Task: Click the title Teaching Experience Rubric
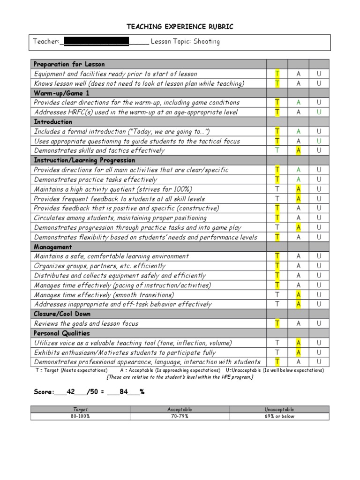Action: [180, 27]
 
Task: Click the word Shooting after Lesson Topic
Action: [207, 41]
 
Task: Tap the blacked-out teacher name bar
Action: [96, 42]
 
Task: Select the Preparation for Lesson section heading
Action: [69, 64]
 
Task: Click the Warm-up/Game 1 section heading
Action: [61, 93]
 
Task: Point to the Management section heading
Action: [53, 247]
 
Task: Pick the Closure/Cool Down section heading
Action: [62, 314]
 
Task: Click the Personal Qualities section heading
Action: [62, 333]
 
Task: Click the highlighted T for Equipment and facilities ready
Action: [277, 74]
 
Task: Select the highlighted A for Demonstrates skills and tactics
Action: [298, 150]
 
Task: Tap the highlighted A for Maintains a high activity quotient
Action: [298, 189]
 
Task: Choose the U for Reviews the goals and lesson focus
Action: [319, 323]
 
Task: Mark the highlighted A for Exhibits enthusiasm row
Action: [298, 352]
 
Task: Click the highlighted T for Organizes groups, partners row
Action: [277, 266]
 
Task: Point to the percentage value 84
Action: [124, 392]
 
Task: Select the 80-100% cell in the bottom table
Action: [80, 416]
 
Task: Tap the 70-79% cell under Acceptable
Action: [180, 416]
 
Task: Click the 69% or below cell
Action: [279, 416]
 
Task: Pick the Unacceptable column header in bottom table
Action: [279, 409]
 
